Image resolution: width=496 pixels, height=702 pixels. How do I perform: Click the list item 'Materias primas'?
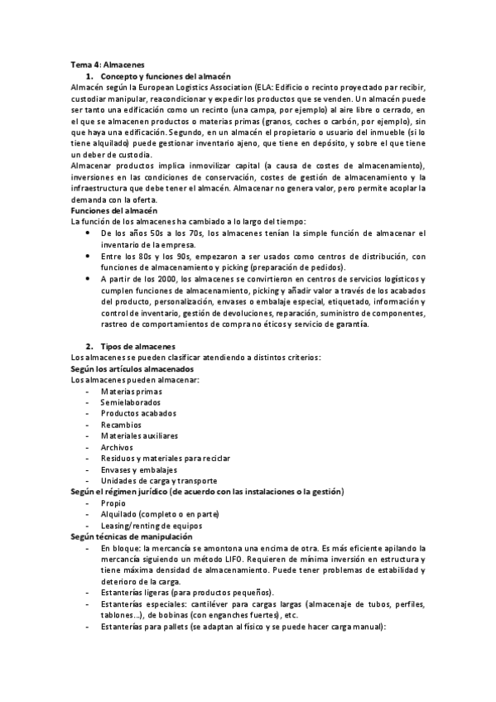[x=132, y=391]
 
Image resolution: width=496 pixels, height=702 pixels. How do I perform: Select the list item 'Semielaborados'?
[x=131, y=401]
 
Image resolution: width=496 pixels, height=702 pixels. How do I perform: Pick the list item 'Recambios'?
[x=121, y=425]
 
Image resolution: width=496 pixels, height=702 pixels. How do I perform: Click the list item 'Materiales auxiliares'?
[x=139, y=435]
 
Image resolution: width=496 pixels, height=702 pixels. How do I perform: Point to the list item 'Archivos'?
[x=118, y=447]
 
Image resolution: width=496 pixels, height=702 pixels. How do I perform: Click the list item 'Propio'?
[x=113, y=503]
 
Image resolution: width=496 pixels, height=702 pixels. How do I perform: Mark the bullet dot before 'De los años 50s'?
[x=89, y=233]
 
